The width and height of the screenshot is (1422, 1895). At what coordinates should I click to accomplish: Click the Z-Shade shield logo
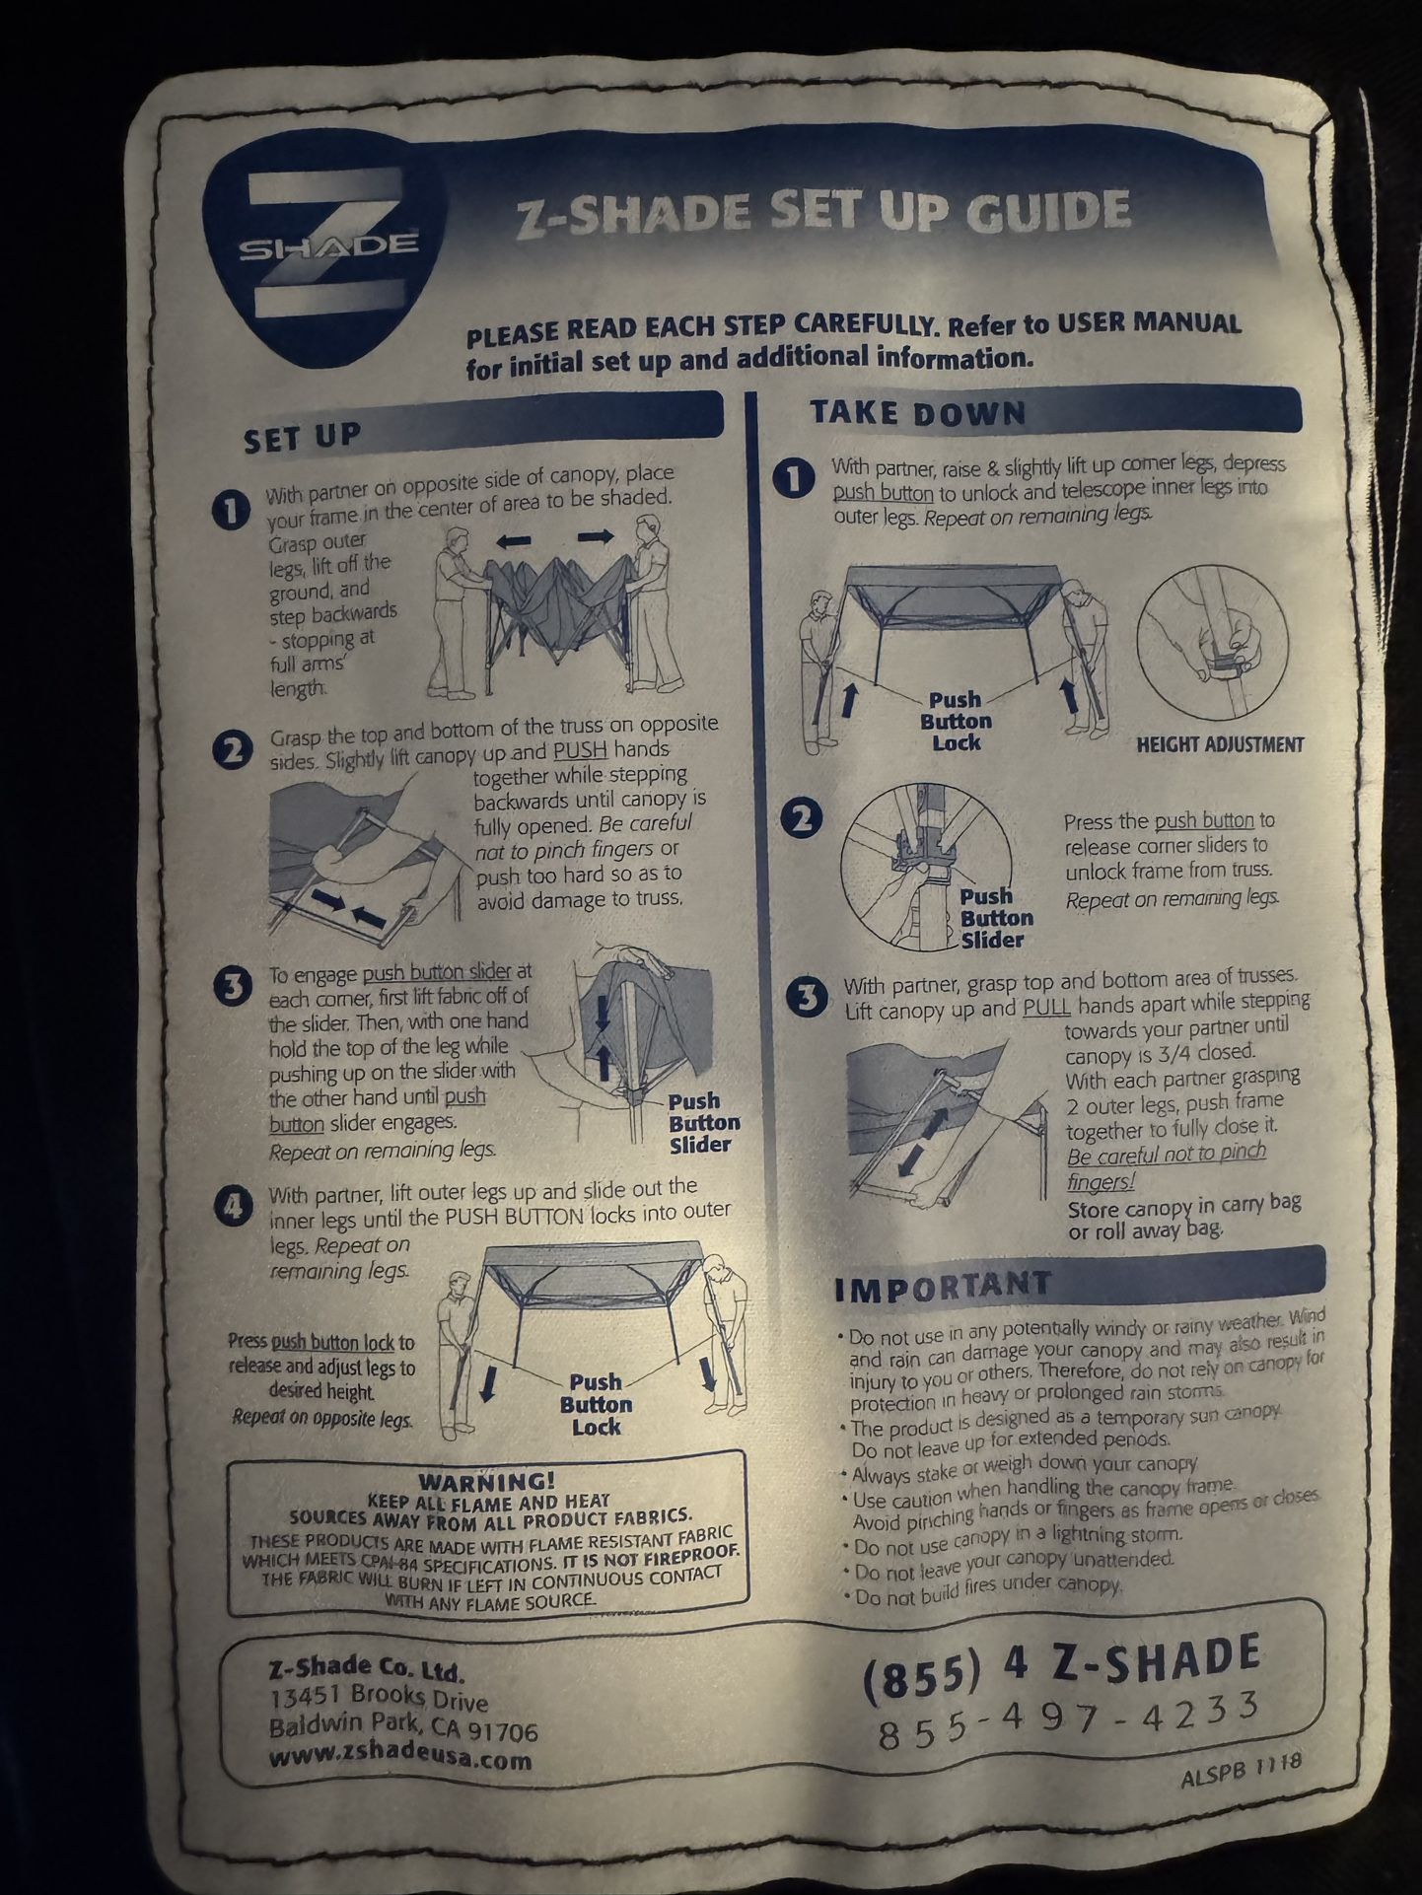tap(322, 255)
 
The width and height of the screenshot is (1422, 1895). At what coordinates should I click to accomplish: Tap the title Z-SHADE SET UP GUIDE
tap(823, 213)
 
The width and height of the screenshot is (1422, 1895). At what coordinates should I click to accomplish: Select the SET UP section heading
tap(303, 436)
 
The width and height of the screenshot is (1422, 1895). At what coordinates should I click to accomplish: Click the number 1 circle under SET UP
tap(231, 511)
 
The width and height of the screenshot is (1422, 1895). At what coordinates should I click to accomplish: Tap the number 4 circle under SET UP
tap(234, 1206)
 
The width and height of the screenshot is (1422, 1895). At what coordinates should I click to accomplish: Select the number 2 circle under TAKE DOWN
tap(803, 819)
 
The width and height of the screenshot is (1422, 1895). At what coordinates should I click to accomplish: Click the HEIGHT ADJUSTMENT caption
tap(1220, 744)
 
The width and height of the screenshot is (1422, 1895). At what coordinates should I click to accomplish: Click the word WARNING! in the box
tap(486, 1481)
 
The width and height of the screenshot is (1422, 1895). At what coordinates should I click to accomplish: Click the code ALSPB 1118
tap(1241, 1772)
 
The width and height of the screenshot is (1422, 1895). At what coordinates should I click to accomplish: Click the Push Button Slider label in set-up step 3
tap(703, 1123)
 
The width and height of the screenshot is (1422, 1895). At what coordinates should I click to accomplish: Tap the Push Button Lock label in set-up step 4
tap(597, 1404)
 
